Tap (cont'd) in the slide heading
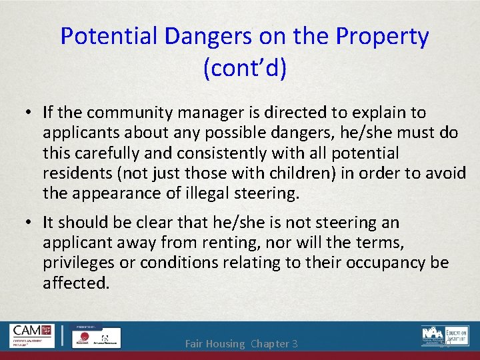245,68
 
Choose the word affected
75,283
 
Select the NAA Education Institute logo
445,335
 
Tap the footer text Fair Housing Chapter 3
241,344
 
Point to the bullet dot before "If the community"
30,113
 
